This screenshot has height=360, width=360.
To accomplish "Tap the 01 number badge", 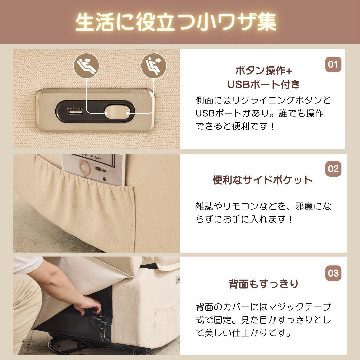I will (x=333, y=64).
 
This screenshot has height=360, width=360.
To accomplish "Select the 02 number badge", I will (x=333, y=169).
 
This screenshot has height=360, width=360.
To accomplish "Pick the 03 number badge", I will (x=333, y=273).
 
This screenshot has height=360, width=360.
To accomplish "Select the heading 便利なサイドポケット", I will (x=263, y=180).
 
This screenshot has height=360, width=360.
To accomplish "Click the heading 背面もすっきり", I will (x=263, y=284).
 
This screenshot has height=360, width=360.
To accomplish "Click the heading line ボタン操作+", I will (x=263, y=71).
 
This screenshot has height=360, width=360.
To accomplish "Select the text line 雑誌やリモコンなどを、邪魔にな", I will (x=263, y=206).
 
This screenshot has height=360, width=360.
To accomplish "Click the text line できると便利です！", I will (x=235, y=127).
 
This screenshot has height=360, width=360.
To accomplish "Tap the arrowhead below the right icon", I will (x=153, y=80).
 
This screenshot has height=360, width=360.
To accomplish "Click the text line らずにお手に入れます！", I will (x=244, y=220).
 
